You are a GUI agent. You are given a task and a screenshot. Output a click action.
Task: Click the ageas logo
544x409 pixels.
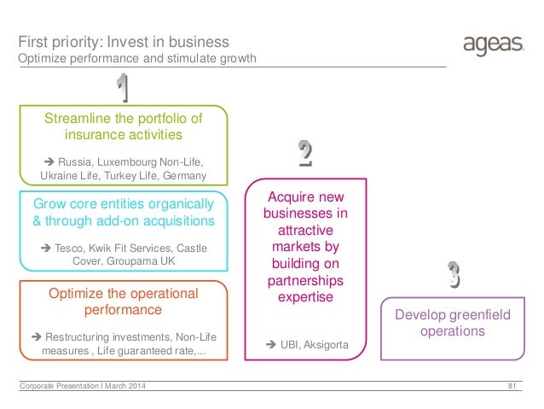click(492, 45)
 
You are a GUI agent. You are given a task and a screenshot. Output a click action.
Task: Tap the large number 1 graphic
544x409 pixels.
click(123, 88)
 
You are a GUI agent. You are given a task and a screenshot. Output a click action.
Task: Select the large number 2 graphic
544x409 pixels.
click(305, 153)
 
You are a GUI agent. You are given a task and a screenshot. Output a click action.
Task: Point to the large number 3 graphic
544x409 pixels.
click(454, 273)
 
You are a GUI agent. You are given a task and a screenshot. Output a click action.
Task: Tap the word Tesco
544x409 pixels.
click(72, 248)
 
